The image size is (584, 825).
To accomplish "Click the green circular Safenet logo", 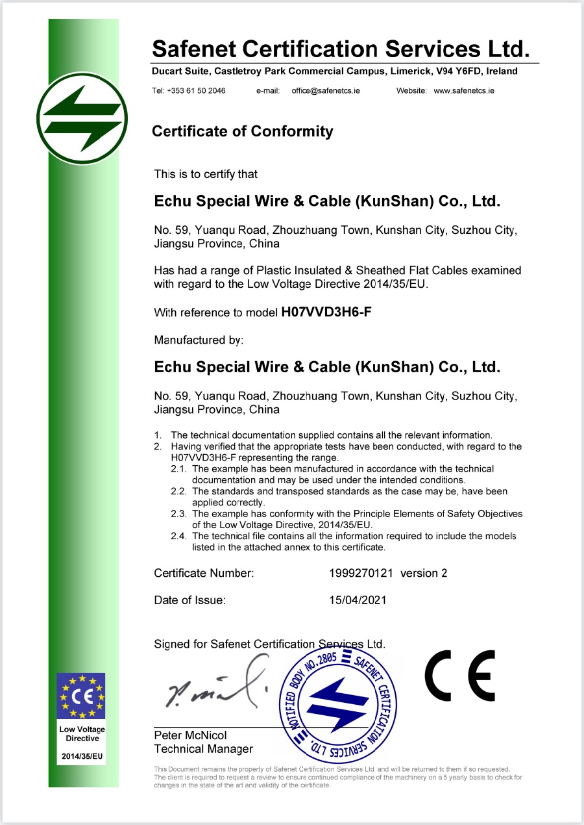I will (x=82, y=119).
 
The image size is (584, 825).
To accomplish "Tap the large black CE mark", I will (x=460, y=676).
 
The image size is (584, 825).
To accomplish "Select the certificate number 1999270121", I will (x=361, y=573).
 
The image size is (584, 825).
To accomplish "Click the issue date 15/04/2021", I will (x=358, y=600).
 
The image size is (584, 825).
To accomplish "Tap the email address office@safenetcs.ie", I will (x=326, y=91).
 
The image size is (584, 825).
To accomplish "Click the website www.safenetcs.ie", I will (x=464, y=91).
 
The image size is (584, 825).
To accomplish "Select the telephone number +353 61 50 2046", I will (x=196, y=91).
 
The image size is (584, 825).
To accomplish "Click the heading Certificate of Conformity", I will (x=242, y=131).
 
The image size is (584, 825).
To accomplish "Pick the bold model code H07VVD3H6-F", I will (x=326, y=312).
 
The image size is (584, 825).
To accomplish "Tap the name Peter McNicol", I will (x=190, y=735).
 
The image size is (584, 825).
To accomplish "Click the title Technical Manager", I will (x=203, y=749).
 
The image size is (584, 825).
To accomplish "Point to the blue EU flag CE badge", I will (x=82, y=696).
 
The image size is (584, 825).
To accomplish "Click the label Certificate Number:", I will (x=204, y=573).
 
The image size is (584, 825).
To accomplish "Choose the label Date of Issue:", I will (x=189, y=600).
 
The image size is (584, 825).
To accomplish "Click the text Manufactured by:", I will (x=199, y=340).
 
